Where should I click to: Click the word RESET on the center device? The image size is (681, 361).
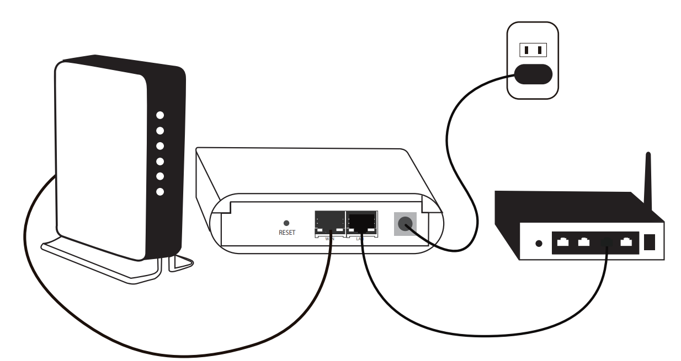pyautogui.click(x=287, y=233)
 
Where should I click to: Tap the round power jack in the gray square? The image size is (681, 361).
pyautogui.click(x=405, y=224)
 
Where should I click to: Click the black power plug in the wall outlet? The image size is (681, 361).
pyautogui.click(x=533, y=74)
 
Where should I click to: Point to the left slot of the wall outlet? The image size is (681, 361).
pyautogui.click(x=526, y=50)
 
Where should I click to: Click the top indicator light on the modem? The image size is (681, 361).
pyautogui.click(x=160, y=115)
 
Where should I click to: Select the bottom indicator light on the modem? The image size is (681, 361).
pyautogui.click(x=160, y=192)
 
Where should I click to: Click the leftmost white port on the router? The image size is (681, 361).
pyautogui.click(x=563, y=241)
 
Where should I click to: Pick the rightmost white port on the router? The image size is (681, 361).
pyautogui.click(x=626, y=241)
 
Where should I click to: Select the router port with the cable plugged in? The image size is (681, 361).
pyautogui.click(x=606, y=241)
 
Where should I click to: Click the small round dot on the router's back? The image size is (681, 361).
pyautogui.click(x=539, y=243)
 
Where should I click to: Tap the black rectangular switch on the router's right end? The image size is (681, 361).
pyautogui.click(x=650, y=242)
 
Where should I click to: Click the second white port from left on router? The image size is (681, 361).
pyautogui.click(x=583, y=241)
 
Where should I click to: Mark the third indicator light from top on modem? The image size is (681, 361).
pyautogui.click(x=160, y=146)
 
